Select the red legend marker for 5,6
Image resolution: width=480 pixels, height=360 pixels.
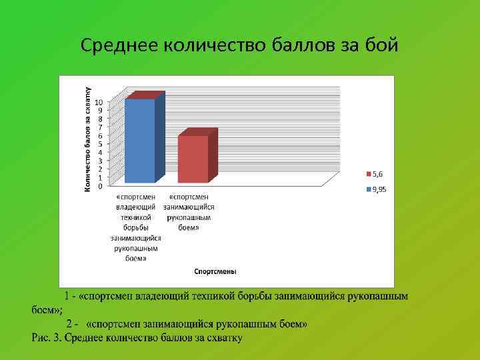click(368, 174)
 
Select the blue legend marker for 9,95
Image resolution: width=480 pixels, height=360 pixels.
click(368, 189)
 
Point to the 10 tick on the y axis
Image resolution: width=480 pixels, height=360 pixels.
click(99, 102)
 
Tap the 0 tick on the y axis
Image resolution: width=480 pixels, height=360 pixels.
click(100, 186)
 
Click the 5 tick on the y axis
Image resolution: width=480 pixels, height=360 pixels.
click(100, 144)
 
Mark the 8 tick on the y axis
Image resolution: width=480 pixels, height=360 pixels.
click(100, 119)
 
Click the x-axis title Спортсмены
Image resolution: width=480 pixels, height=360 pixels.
click(215, 271)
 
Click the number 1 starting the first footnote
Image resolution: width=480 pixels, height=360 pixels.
click(67, 296)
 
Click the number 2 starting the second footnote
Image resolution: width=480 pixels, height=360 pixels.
click(69, 323)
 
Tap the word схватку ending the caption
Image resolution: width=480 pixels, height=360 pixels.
click(223, 337)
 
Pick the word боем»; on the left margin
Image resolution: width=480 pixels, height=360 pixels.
click(47, 310)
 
